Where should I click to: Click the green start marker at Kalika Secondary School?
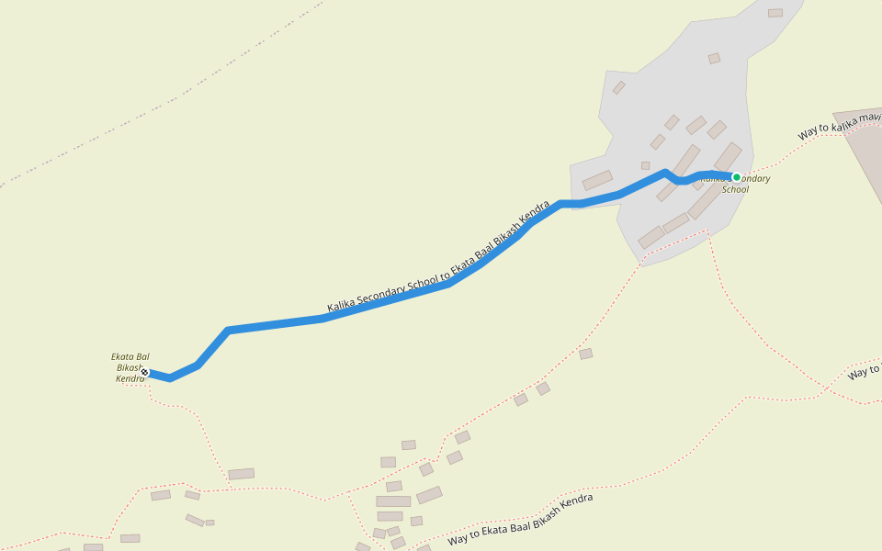736,177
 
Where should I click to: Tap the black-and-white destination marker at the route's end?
145,372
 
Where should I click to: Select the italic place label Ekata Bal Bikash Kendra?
129,366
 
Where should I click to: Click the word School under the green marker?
735,190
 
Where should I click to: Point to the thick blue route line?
276,324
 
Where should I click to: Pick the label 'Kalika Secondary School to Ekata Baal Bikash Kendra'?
438,256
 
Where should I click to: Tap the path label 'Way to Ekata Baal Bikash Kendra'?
520,520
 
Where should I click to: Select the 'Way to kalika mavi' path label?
839,126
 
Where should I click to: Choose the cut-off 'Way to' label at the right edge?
864,372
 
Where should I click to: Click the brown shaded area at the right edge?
864,156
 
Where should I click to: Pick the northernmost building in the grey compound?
775,13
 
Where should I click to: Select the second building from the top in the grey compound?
714,59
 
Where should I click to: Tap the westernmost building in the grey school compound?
597,180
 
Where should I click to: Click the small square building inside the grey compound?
645,166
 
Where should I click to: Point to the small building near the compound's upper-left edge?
619,87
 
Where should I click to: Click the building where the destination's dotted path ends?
241,474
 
